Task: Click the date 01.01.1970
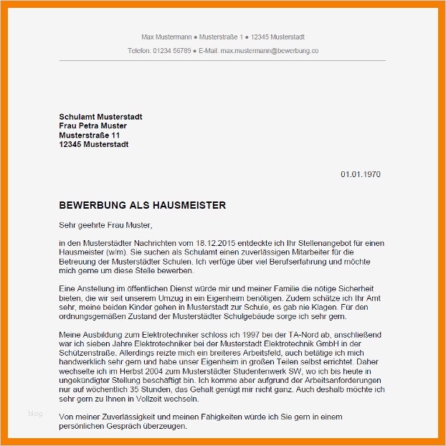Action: coord(360,174)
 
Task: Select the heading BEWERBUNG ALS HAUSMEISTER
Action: coord(143,206)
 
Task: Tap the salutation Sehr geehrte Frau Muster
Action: coord(106,225)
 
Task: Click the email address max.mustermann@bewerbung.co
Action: coord(270,51)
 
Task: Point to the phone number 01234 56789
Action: coord(172,51)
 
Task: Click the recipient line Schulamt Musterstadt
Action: coord(100,117)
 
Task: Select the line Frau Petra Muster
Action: coord(93,126)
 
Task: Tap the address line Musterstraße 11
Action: coord(90,135)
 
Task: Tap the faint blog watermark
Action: coord(35,413)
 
